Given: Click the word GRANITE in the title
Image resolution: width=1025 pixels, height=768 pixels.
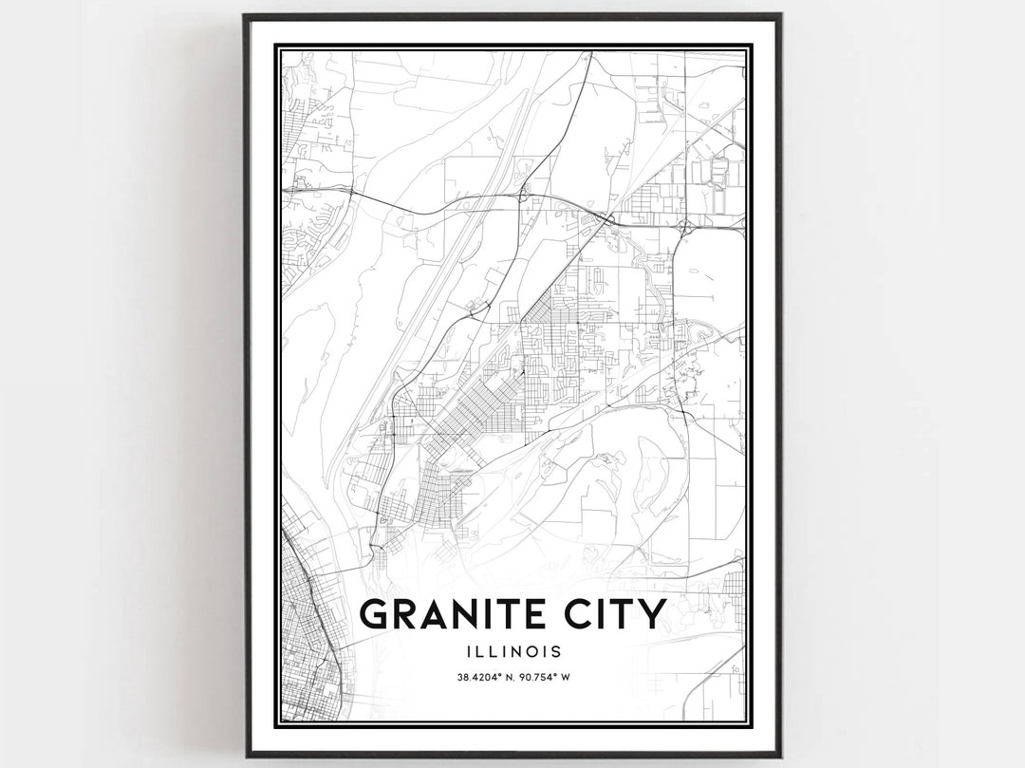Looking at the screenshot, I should pyautogui.click(x=455, y=614).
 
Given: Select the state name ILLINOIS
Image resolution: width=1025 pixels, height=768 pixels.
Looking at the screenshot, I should pyautogui.click(x=512, y=652).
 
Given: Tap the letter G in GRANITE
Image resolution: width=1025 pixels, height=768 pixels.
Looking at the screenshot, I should pyautogui.click(x=377, y=614).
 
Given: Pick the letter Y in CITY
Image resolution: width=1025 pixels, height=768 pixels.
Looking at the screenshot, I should pyautogui.click(x=653, y=614).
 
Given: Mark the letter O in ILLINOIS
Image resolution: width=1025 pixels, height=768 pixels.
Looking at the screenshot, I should pyautogui.click(x=528, y=652).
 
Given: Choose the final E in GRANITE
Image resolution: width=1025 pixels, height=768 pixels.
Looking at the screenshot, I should pyautogui.click(x=538, y=614).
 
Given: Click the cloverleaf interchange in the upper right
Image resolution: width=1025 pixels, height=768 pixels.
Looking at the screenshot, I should pyautogui.click(x=684, y=226).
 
